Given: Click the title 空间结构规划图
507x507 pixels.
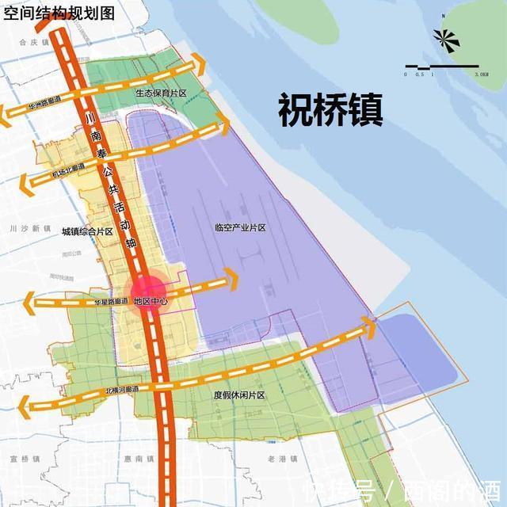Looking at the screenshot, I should click(59, 13).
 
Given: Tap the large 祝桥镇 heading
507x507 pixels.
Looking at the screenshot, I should click(330, 111).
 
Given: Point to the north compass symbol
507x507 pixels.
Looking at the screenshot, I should click(445, 38).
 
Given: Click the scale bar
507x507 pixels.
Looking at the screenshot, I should click(441, 67).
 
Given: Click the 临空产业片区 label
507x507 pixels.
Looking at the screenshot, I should click(239, 227).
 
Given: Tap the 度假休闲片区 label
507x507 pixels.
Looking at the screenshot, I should click(238, 395).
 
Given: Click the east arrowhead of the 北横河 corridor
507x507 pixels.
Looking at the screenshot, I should click(370, 322).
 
